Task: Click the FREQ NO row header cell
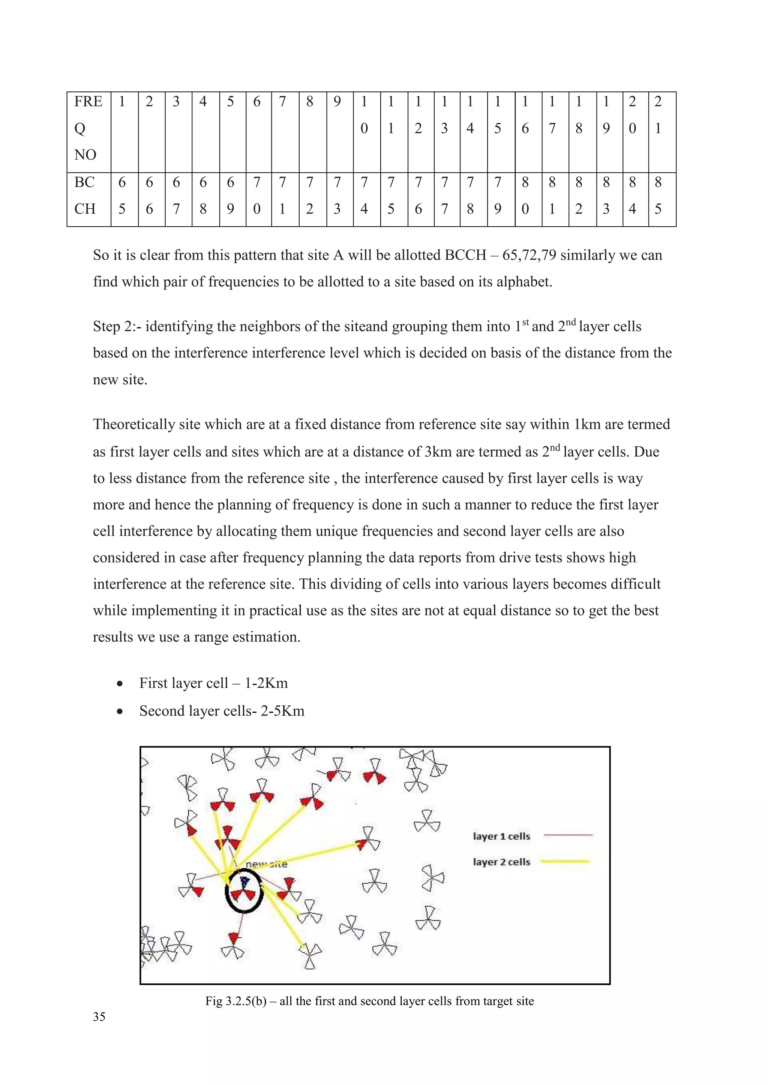tap(88, 128)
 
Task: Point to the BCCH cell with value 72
tap(310, 196)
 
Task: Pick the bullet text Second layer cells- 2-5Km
tap(221, 711)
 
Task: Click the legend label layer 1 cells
tap(501, 837)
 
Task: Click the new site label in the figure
tap(266, 864)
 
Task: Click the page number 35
tap(99, 1017)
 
